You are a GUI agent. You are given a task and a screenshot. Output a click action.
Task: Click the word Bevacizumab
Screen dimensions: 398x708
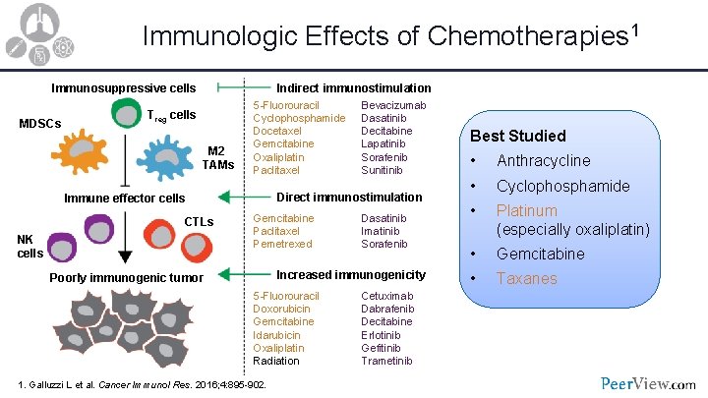click(x=393, y=105)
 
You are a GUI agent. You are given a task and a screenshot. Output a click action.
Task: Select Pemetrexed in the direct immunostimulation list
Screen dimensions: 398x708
click(x=283, y=244)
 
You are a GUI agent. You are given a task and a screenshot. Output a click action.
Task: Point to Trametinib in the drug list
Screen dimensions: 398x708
click(x=387, y=361)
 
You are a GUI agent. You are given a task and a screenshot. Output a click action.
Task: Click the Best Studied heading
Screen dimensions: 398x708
click(x=518, y=136)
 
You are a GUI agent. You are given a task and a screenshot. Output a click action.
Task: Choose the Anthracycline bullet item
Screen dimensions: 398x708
click(x=544, y=160)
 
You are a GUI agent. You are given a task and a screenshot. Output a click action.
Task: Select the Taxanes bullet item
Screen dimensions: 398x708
click(x=526, y=278)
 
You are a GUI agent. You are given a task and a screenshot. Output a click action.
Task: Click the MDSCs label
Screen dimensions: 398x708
click(x=40, y=124)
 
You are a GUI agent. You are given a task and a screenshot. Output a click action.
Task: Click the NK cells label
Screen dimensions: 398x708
click(x=30, y=246)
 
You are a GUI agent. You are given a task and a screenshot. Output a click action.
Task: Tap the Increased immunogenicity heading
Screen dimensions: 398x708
click(x=351, y=274)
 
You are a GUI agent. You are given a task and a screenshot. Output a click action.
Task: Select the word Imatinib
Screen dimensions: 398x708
click(x=382, y=231)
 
